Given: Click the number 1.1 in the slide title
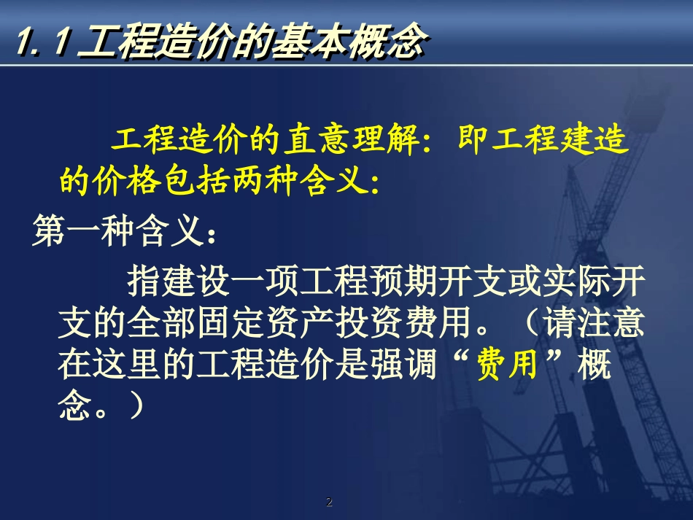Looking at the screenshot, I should click(42, 44).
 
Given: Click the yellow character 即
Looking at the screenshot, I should click(476, 141).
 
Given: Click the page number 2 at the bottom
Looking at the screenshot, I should click(329, 502).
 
